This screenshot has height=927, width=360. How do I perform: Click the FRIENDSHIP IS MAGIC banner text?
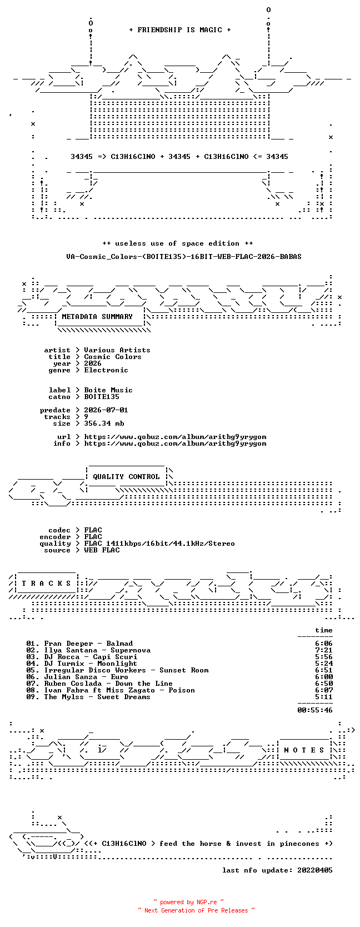point(180,30)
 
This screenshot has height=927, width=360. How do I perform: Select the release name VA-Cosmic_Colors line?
point(184,257)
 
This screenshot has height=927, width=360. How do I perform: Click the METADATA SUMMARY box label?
point(97,317)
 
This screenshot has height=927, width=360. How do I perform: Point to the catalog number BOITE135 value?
point(102,396)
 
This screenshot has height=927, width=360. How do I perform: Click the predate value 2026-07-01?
point(106,410)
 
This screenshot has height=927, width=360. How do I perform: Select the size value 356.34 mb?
point(104,423)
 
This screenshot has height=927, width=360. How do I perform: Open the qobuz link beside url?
point(175,437)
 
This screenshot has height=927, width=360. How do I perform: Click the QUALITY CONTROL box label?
point(126,477)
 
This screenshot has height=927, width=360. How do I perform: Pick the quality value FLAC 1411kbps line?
point(159,544)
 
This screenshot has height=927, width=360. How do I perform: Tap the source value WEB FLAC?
point(102,550)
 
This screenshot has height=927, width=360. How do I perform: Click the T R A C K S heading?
point(46,584)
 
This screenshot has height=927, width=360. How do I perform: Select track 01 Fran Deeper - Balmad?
point(79,644)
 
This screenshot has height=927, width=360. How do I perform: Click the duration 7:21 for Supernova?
point(323,650)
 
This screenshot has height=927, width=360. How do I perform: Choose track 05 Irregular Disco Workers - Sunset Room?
point(118,670)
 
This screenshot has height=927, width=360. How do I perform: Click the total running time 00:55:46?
point(315,710)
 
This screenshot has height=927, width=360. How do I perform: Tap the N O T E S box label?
point(304,750)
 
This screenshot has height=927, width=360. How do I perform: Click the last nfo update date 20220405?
point(315,870)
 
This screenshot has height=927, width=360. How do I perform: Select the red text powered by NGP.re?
point(188,902)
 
